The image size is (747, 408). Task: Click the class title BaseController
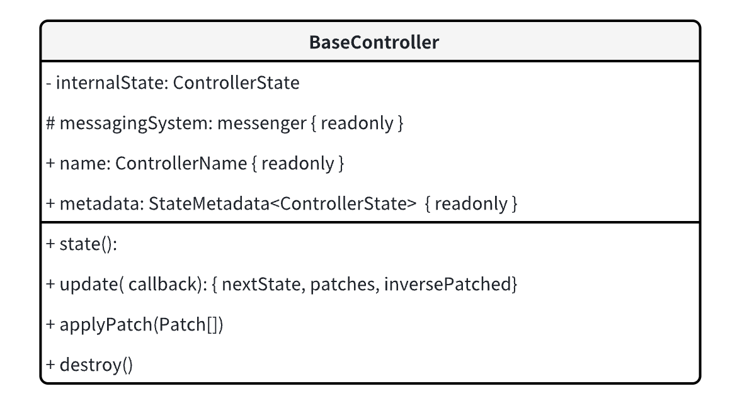coord(374,43)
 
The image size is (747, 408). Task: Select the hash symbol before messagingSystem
coord(51,123)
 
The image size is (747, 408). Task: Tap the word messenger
coord(261,123)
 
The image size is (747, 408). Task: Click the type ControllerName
coord(181,164)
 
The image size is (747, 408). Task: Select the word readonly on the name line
coord(297,164)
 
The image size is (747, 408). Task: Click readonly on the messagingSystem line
coord(356,123)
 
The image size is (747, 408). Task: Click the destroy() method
coord(96,365)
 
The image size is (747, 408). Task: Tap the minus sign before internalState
coord(48,83)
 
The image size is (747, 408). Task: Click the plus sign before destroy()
coord(51,365)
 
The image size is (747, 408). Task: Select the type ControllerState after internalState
coord(236,83)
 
